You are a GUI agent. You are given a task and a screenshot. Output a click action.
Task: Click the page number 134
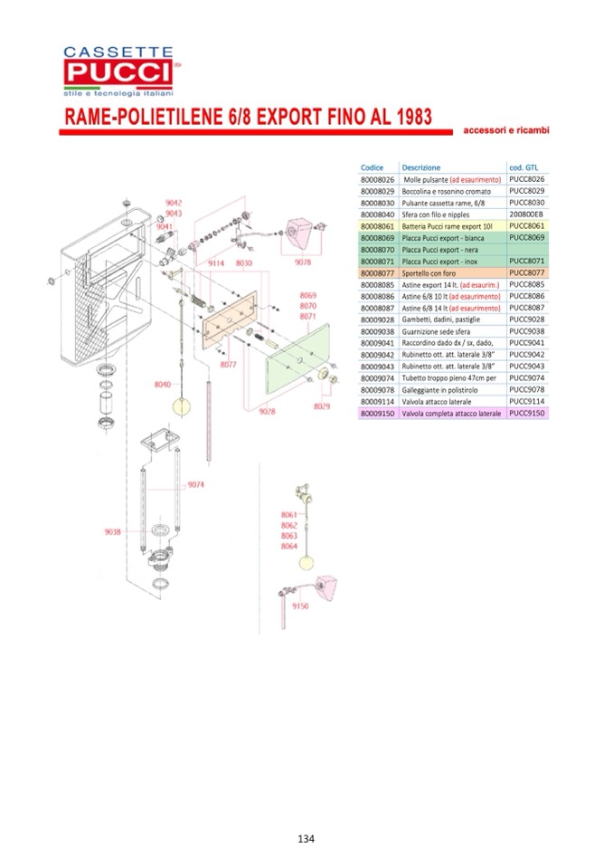point(306,838)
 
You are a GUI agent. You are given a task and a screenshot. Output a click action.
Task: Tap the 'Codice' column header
point(373,167)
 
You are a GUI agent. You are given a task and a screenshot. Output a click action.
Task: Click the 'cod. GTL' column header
point(524,167)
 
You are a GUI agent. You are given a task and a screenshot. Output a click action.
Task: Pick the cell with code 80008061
point(378,226)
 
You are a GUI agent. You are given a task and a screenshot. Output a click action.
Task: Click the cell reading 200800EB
point(526,215)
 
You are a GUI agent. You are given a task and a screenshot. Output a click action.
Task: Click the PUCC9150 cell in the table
point(527,414)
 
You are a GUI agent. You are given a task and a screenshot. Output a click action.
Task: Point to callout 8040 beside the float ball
point(162,384)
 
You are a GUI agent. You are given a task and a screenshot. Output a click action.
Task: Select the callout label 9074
point(197,486)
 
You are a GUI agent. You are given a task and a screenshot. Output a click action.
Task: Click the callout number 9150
point(301,606)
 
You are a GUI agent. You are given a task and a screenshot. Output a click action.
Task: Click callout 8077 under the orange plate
point(229,364)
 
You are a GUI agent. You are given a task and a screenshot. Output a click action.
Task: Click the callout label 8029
point(322,406)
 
